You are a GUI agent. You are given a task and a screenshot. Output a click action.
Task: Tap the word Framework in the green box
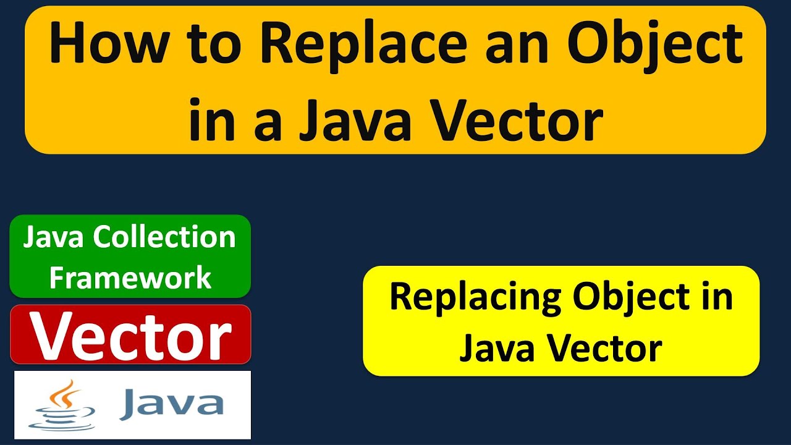coord(130,278)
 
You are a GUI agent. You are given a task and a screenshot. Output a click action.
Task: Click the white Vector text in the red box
coord(131,337)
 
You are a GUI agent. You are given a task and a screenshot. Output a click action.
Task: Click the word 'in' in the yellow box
coord(717,297)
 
